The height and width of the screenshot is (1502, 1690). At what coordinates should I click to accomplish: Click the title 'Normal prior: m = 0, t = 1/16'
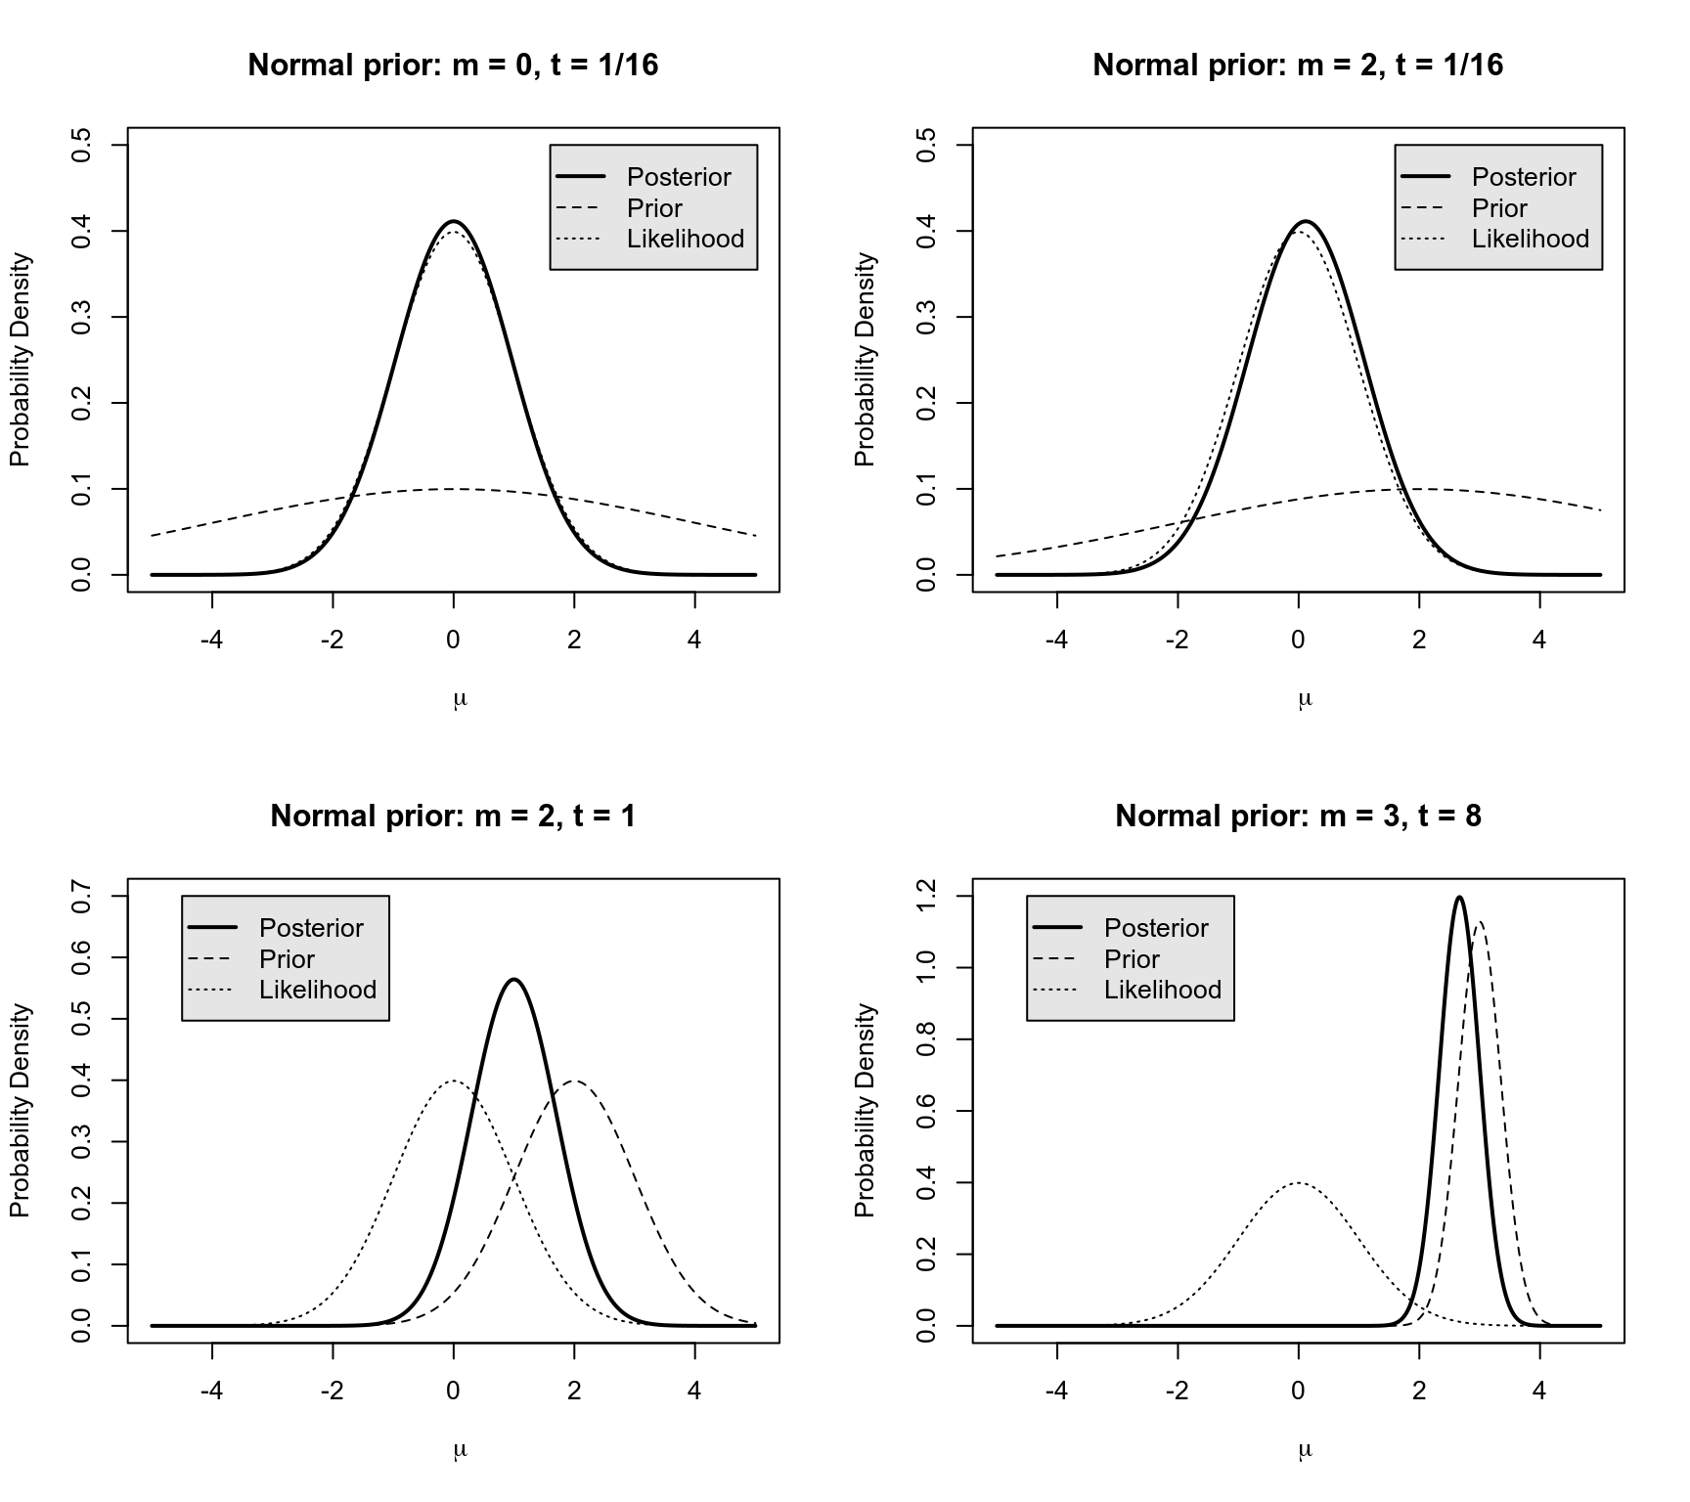click(x=453, y=65)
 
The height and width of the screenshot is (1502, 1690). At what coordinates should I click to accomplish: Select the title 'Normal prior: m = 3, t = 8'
click(x=1298, y=816)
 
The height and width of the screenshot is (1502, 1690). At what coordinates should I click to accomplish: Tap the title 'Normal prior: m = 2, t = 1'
click(x=453, y=816)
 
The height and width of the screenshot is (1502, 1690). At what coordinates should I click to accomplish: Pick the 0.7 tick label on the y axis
click(x=82, y=897)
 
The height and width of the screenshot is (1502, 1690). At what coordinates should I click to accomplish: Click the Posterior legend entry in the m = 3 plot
click(x=1156, y=927)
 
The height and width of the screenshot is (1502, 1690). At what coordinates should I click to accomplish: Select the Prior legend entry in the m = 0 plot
click(x=654, y=208)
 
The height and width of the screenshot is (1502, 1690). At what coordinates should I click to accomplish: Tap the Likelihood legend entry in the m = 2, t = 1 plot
click(x=318, y=990)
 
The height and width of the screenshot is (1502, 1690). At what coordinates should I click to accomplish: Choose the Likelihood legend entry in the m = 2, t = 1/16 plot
click(x=1531, y=239)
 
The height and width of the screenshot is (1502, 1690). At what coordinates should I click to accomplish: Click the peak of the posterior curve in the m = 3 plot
click(x=1459, y=897)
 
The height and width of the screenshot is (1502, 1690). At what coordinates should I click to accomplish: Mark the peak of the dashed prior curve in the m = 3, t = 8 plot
click(x=1480, y=921)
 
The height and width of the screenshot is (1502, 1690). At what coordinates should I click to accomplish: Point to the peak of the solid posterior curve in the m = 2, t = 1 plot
click(x=514, y=979)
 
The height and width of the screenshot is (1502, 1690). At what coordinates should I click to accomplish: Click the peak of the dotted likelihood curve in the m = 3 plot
click(x=1298, y=1183)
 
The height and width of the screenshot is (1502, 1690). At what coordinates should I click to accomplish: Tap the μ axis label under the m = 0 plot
click(x=461, y=698)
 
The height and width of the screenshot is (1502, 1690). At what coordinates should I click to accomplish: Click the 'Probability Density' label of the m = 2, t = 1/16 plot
click(x=865, y=360)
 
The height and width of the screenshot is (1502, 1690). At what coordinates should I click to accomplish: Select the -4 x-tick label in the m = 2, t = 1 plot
click(x=211, y=1391)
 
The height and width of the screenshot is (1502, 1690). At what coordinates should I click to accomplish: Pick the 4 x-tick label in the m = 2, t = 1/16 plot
click(x=1539, y=640)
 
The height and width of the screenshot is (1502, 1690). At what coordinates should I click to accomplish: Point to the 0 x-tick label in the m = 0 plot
click(x=453, y=640)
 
